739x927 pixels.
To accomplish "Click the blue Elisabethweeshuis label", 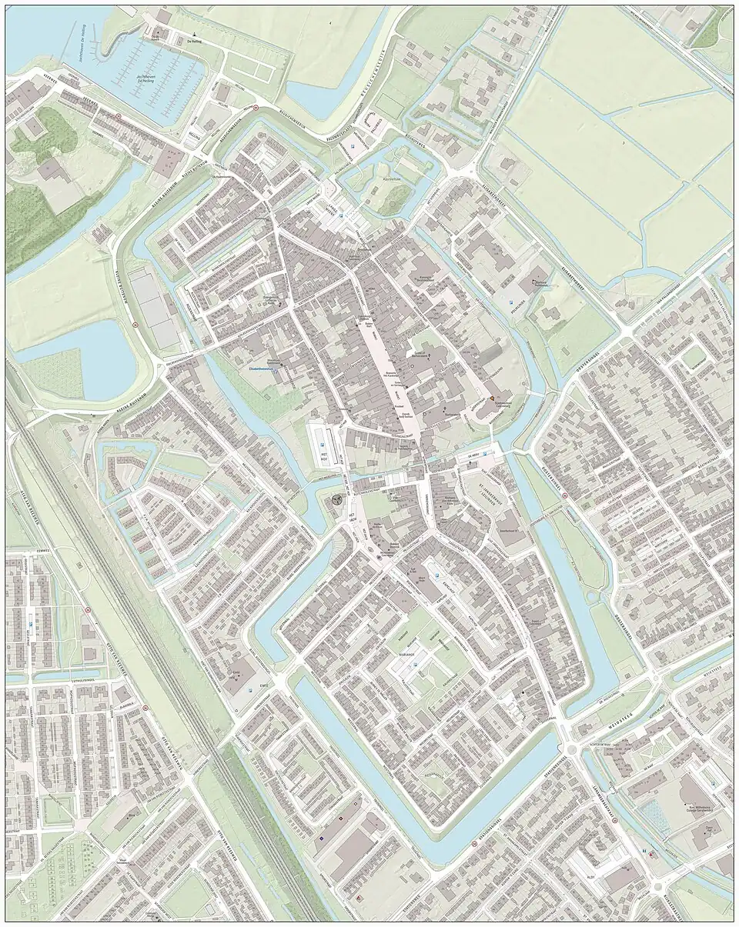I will [264, 368].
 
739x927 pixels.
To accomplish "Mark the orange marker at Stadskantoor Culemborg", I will [493, 398].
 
